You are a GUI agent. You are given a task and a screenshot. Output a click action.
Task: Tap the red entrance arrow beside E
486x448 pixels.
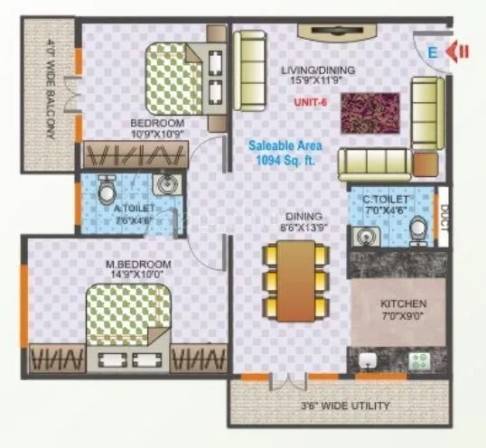tap(460, 51)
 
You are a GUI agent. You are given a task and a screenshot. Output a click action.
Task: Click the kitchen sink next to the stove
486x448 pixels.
tap(368, 362)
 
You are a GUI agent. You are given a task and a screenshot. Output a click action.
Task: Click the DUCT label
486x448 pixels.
tap(443, 217)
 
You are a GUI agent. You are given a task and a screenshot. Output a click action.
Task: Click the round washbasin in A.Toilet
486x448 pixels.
tap(165, 186)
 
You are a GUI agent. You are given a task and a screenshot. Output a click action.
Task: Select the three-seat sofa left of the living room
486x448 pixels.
tap(248, 71)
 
